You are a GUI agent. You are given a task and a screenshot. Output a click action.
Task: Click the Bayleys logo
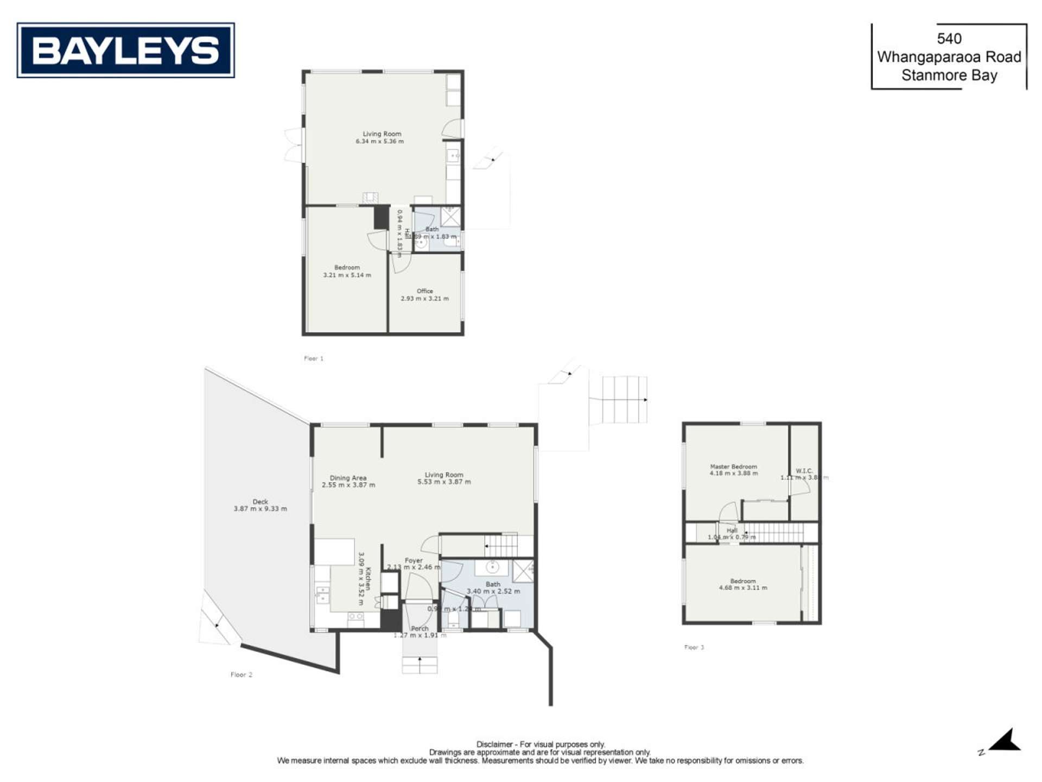click(x=125, y=50)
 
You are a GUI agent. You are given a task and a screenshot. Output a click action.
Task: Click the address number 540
click(x=949, y=39)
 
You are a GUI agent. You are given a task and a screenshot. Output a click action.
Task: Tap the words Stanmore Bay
click(x=949, y=75)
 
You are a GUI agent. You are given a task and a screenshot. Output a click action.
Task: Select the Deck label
click(x=260, y=502)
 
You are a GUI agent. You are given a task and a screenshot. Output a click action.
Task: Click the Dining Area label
click(x=348, y=478)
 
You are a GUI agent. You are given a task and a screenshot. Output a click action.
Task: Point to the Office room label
click(x=424, y=291)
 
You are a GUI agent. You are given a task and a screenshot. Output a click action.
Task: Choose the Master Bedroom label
click(x=733, y=466)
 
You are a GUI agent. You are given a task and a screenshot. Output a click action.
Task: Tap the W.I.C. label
click(x=804, y=471)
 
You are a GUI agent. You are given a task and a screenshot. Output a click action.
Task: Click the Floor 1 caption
click(x=313, y=358)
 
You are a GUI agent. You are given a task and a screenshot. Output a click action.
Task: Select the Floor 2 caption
click(x=241, y=674)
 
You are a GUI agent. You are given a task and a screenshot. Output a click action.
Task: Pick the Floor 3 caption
click(x=694, y=647)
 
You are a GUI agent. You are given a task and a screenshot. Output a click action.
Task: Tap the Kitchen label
click(x=367, y=579)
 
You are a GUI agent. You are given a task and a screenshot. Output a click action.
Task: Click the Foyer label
click(x=413, y=560)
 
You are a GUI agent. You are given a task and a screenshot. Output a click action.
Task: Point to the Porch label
click(x=420, y=628)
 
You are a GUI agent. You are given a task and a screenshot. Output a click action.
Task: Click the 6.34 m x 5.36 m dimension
click(x=379, y=141)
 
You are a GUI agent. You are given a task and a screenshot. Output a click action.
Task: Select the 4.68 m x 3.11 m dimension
click(x=742, y=588)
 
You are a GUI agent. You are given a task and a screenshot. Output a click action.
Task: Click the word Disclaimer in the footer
click(x=494, y=744)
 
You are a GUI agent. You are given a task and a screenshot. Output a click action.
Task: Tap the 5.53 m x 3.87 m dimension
click(x=444, y=482)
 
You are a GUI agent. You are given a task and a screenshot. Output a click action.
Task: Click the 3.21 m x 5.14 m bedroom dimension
click(x=347, y=275)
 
